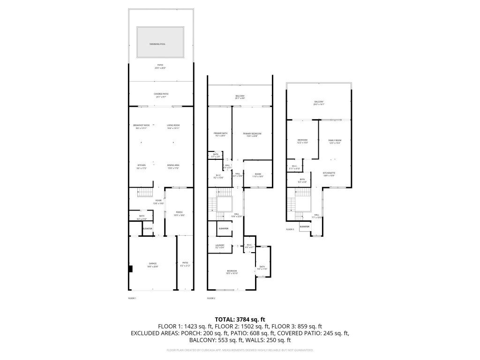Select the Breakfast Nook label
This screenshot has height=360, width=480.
[141, 126]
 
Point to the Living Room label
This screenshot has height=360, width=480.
[173, 126]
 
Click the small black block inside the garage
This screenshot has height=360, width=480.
[131, 269]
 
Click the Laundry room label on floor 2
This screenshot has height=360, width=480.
[219, 246]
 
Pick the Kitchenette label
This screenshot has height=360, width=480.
[329, 174]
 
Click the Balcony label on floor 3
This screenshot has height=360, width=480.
[319, 103]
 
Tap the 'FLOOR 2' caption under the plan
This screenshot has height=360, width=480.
[211, 298]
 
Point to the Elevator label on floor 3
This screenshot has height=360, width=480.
[304, 227]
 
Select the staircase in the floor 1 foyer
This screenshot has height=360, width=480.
[145, 192]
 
